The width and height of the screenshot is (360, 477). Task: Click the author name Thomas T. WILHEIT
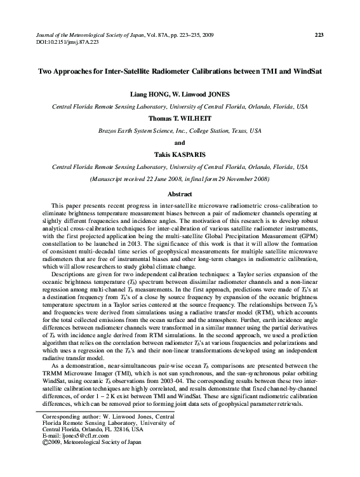tap(180, 118)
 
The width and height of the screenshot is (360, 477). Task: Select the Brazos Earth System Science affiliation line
tap(180, 130)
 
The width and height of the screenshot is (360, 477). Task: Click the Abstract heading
tap(180, 193)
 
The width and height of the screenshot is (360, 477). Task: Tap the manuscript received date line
tap(180, 178)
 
